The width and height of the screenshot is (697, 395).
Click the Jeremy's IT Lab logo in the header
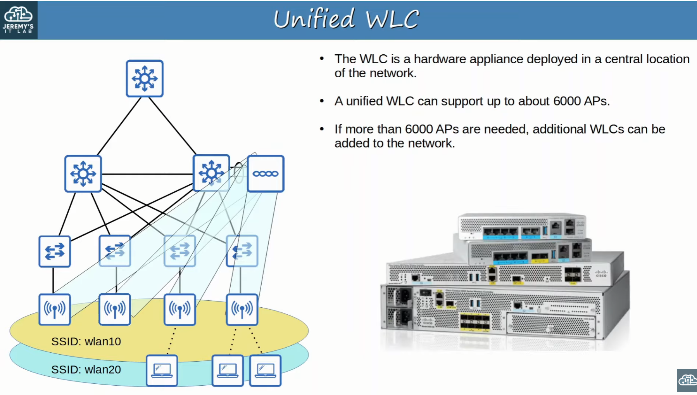pyautogui.click(x=19, y=19)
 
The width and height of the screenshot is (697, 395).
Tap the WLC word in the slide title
pyautogui.click(x=392, y=19)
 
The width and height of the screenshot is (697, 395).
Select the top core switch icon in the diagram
pyautogui.click(x=145, y=78)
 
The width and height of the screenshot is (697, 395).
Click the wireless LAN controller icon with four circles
pyautogui.click(x=266, y=173)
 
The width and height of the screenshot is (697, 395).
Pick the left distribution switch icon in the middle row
pyautogui.click(x=83, y=173)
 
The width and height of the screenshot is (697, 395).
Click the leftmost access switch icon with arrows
pyautogui.click(x=55, y=251)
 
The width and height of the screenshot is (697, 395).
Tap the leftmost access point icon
pyautogui.click(x=55, y=309)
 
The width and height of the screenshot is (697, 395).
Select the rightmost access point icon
pyautogui.click(x=242, y=309)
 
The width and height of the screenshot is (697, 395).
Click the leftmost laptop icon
pyautogui.click(x=162, y=371)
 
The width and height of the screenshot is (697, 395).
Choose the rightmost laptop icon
pyautogui.click(x=266, y=371)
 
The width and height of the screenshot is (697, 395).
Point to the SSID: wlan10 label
pyautogui.click(x=86, y=341)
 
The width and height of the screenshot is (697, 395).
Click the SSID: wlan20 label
pyautogui.click(x=86, y=369)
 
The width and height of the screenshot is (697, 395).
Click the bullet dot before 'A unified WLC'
pyautogui.click(x=322, y=101)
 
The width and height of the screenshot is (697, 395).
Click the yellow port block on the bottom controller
pyautogui.click(x=474, y=322)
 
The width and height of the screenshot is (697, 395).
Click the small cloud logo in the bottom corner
pyautogui.click(x=687, y=380)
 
